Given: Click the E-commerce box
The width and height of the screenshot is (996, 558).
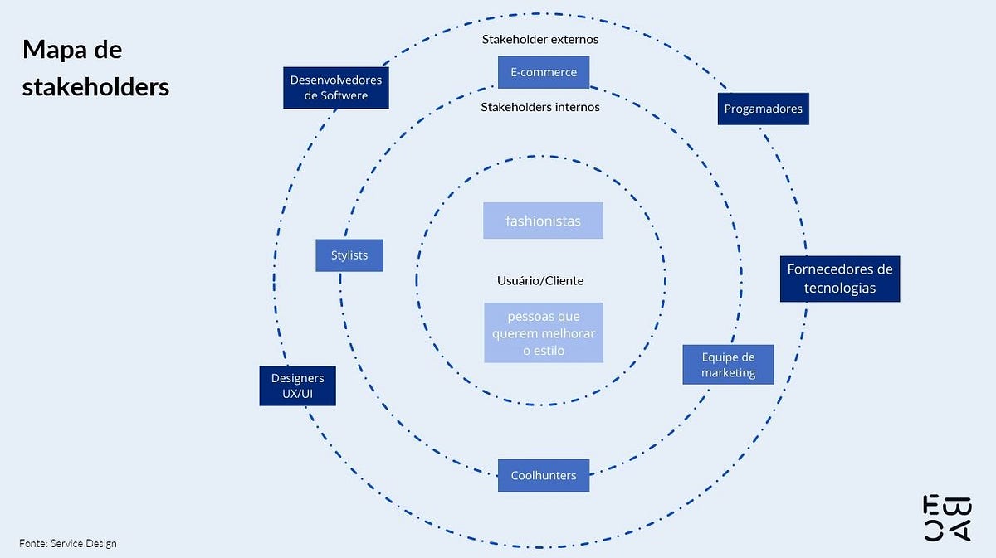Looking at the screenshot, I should [544, 72].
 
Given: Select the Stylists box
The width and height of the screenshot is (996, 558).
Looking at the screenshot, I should [349, 255].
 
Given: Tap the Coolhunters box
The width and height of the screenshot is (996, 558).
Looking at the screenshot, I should [544, 475].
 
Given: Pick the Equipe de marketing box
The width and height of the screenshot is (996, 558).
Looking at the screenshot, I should [728, 365].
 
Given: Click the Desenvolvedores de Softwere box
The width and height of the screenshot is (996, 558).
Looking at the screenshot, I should [335, 88].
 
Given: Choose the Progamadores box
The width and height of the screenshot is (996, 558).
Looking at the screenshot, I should [763, 109].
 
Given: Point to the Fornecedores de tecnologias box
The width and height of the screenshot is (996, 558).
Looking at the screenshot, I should [839, 279].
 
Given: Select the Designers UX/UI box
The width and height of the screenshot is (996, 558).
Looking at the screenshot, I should [297, 386].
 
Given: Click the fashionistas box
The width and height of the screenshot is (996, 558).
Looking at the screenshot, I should [543, 221].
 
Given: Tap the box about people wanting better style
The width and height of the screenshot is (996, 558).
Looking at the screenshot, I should [544, 332].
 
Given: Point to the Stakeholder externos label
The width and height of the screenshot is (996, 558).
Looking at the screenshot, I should [540, 39].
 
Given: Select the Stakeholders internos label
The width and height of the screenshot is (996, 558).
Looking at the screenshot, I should [540, 106].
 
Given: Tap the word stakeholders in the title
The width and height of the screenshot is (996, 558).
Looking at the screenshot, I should [95, 85].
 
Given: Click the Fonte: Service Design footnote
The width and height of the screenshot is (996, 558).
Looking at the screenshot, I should [68, 543].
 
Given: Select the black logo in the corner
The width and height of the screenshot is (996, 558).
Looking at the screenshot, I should [947, 518].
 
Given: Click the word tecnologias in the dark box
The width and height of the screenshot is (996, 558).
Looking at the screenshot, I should [839, 289].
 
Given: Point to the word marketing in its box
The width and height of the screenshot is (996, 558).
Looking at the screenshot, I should [728, 373].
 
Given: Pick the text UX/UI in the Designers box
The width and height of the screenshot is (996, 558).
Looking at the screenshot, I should [297, 395].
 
